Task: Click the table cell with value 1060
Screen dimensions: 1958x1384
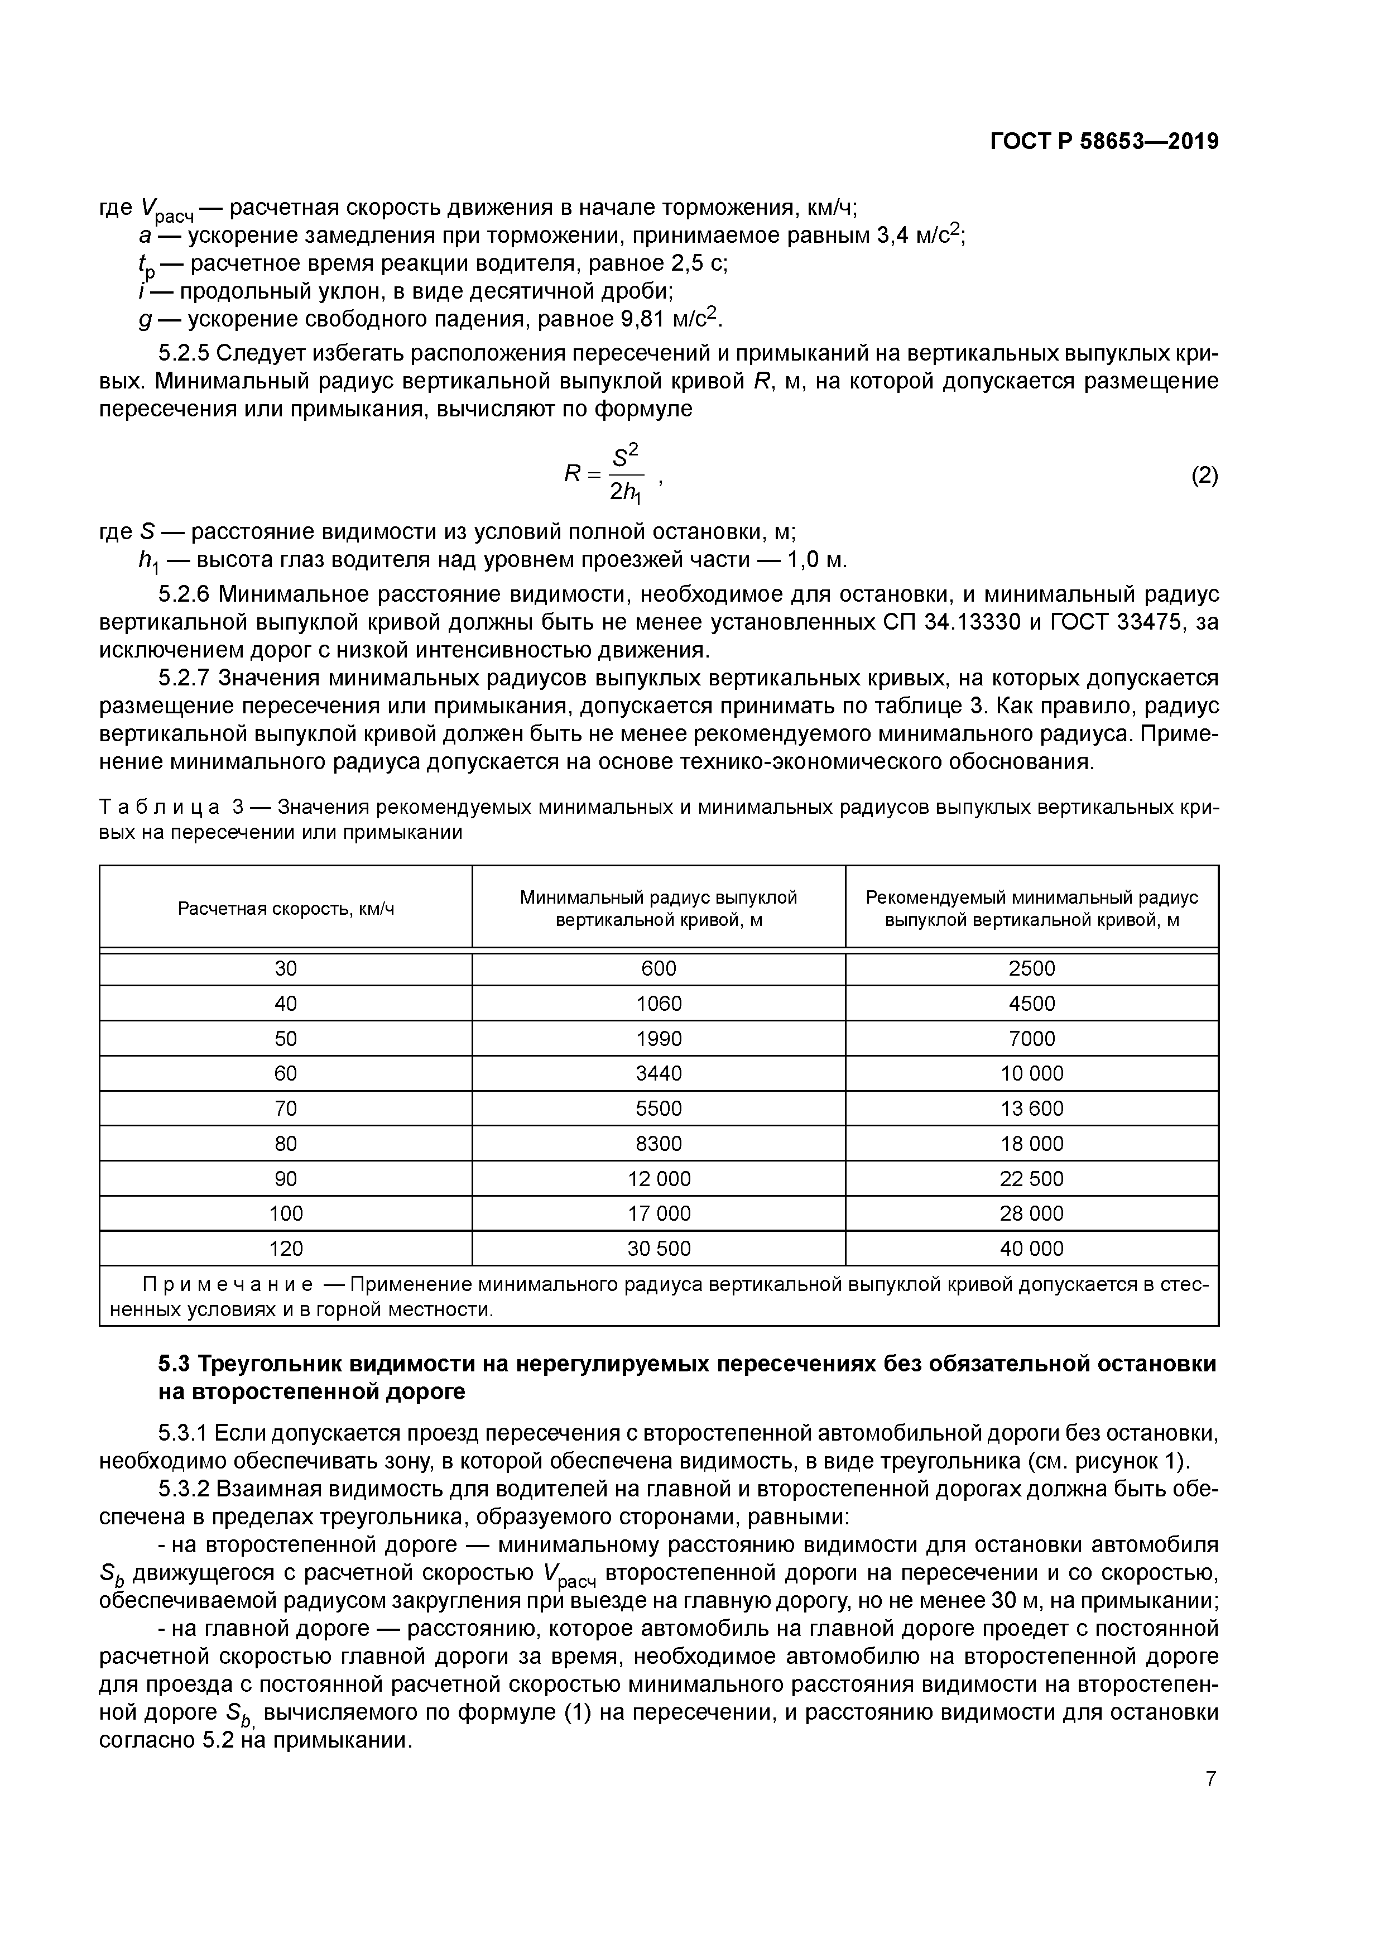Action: tap(659, 1004)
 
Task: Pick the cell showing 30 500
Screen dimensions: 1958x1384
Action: tap(659, 1249)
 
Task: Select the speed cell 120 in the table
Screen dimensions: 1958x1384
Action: tap(286, 1249)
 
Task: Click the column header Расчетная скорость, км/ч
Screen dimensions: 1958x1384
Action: tap(286, 908)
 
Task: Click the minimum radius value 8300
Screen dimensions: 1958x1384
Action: tap(659, 1144)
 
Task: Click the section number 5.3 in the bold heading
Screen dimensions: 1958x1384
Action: tap(176, 1364)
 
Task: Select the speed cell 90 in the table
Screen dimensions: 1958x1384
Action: tap(286, 1179)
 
